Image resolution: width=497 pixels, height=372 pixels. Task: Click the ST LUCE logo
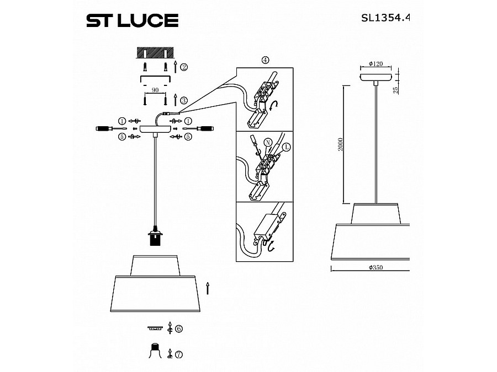(x=131, y=21)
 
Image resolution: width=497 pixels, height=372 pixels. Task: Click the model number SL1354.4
(x=385, y=17)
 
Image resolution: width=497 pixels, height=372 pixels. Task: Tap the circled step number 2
(x=183, y=67)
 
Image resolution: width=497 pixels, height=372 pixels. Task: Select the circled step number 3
(x=183, y=100)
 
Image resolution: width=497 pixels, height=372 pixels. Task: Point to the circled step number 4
(x=265, y=60)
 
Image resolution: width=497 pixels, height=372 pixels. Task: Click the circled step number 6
(x=178, y=328)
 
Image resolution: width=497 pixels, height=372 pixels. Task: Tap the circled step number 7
(x=178, y=355)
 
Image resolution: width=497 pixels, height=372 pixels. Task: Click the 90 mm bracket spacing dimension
(x=155, y=89)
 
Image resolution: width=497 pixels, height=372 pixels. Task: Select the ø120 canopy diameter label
(x=376, y=64)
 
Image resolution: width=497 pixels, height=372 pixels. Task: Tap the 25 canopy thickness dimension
(x=395, y=89)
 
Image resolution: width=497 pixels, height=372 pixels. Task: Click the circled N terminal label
(x=267, y=142)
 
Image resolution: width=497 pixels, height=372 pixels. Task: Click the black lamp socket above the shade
(x=155, y=239)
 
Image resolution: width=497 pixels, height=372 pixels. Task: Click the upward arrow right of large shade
(x=207, y=288)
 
